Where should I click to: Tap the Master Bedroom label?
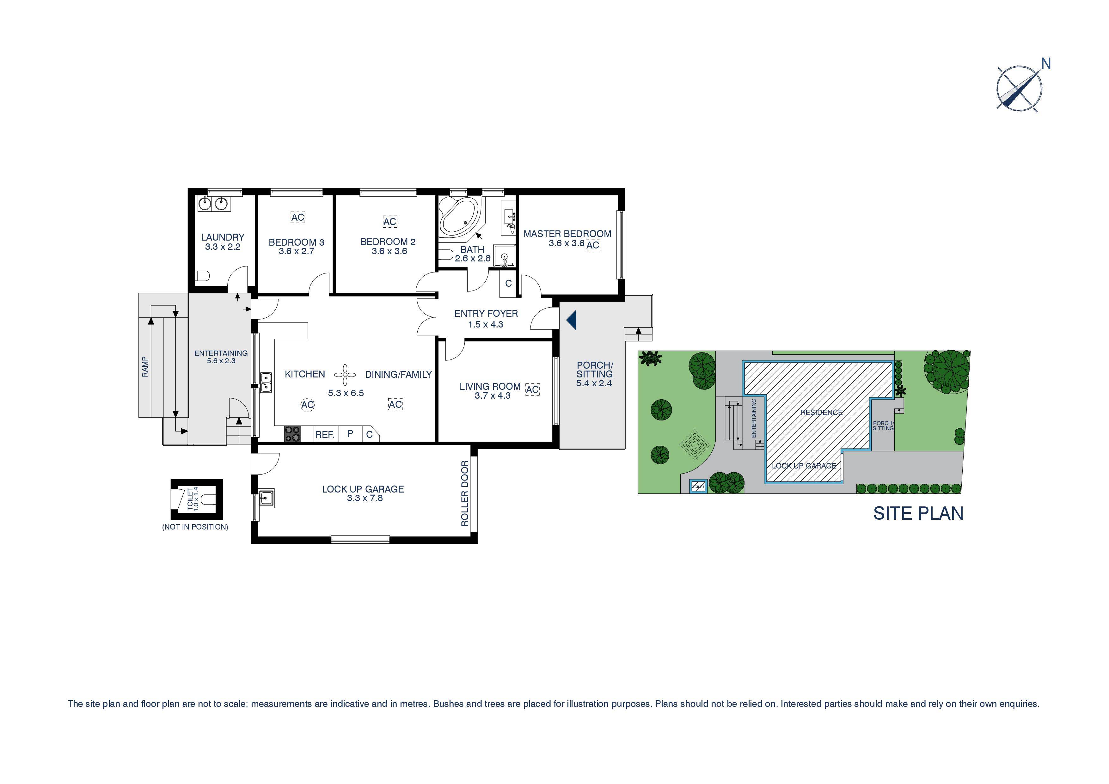coord(567,234)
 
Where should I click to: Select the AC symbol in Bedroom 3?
coord(297,217)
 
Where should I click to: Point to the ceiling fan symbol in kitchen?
coord(345,374)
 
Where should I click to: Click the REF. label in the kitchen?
coord(325,435)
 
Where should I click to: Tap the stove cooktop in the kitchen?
coord(292,433)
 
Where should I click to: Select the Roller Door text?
coord(465,493)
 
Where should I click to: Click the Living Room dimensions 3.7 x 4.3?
coord(492,395)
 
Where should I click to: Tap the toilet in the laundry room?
coord(202,276)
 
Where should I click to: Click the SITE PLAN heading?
coord(918,513)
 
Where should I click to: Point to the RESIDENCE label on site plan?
coord(821,412)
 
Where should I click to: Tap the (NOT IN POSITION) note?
coord(195,527)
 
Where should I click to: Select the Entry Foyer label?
coord(486,314)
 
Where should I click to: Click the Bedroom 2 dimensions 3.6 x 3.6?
coord(389,251)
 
